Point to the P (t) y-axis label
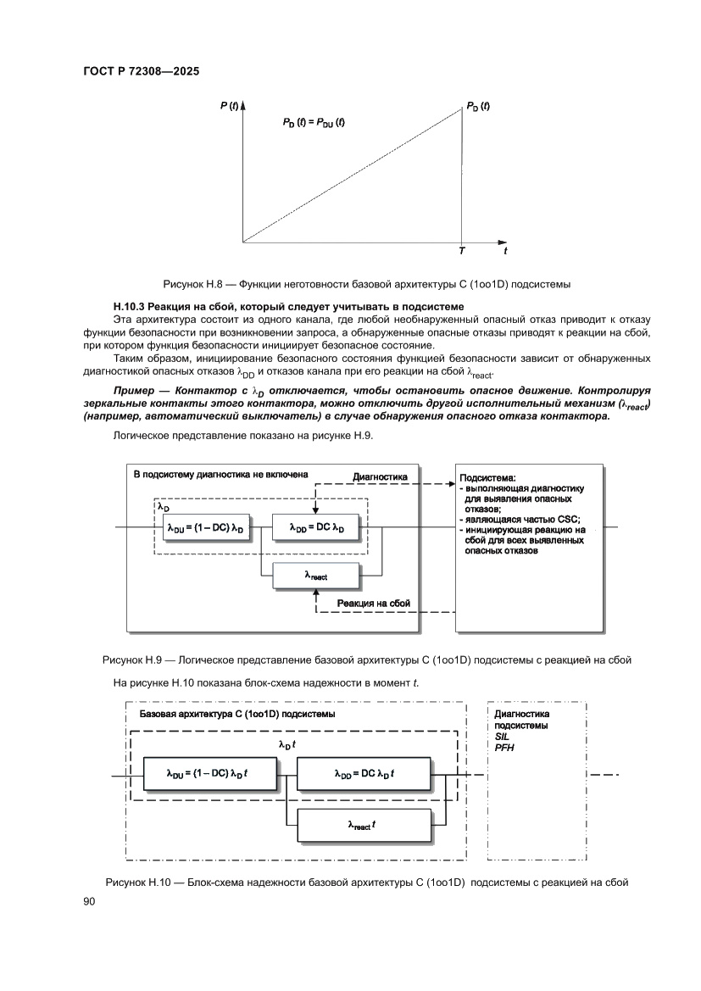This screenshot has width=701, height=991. (x=228, y=106)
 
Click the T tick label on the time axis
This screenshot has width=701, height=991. (x=461, y=252)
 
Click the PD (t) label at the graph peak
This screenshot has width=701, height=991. (x=477, y=106)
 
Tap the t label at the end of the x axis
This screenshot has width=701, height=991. (x=505, y=252)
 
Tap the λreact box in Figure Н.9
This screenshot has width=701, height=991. (x=315, y=576)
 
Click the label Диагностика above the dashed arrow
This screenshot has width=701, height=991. (x=380, y=477)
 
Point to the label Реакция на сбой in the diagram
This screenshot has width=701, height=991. (x=374, y=603)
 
